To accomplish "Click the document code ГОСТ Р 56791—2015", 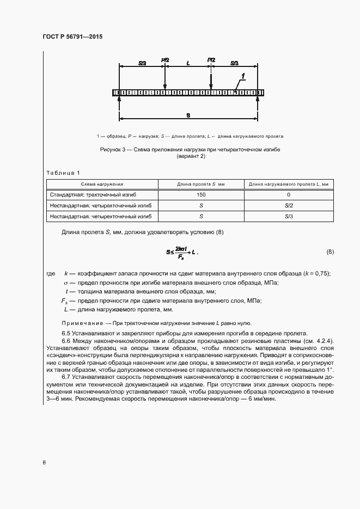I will pos(72,36).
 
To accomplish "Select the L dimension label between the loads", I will pos(188,63).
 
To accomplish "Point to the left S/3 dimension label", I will pos(142,63).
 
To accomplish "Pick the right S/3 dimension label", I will pos(235,63).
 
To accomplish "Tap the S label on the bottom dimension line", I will pos(188,115).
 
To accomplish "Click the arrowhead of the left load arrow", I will pos(165,86).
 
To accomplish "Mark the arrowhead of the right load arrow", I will pos(211,86).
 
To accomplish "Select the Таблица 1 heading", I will pos(63,173).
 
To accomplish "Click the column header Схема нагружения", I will pos(102,185).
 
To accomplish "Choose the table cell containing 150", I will pos(201,195).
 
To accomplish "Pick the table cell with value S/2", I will pos(289,206).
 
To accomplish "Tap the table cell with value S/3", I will pos(289,217).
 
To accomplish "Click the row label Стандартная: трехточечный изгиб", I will pos(88,195).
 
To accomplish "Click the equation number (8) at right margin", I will pos(330,252).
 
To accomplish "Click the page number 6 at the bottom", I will pos(44,463).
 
